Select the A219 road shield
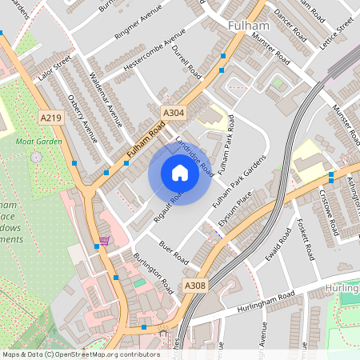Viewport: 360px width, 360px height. [50, 118]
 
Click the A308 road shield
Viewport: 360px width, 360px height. [194, 285]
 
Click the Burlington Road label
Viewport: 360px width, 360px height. [153, 272]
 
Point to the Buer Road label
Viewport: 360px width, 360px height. [173, 252]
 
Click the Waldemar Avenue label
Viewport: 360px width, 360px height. [105, 99]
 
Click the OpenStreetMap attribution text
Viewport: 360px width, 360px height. [81, 354]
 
